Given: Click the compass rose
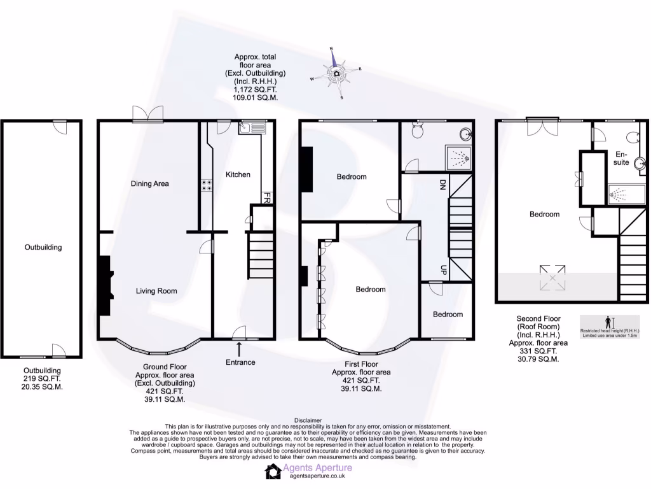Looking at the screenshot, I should point(336,73).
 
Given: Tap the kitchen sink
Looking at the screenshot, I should point(252,128).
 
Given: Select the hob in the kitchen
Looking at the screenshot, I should point(207,185).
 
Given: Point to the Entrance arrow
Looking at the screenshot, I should point(240,349).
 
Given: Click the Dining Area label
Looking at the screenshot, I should point(149,183).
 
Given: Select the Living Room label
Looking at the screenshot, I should point(156,291).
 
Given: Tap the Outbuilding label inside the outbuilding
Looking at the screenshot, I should point(43,247).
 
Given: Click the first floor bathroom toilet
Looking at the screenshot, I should point(418,131).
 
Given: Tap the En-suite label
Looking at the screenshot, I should point(621,159).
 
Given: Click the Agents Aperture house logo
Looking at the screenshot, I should point(273,471).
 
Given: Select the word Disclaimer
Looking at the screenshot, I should point(308,421).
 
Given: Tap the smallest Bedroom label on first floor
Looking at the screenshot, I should point(448,314).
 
